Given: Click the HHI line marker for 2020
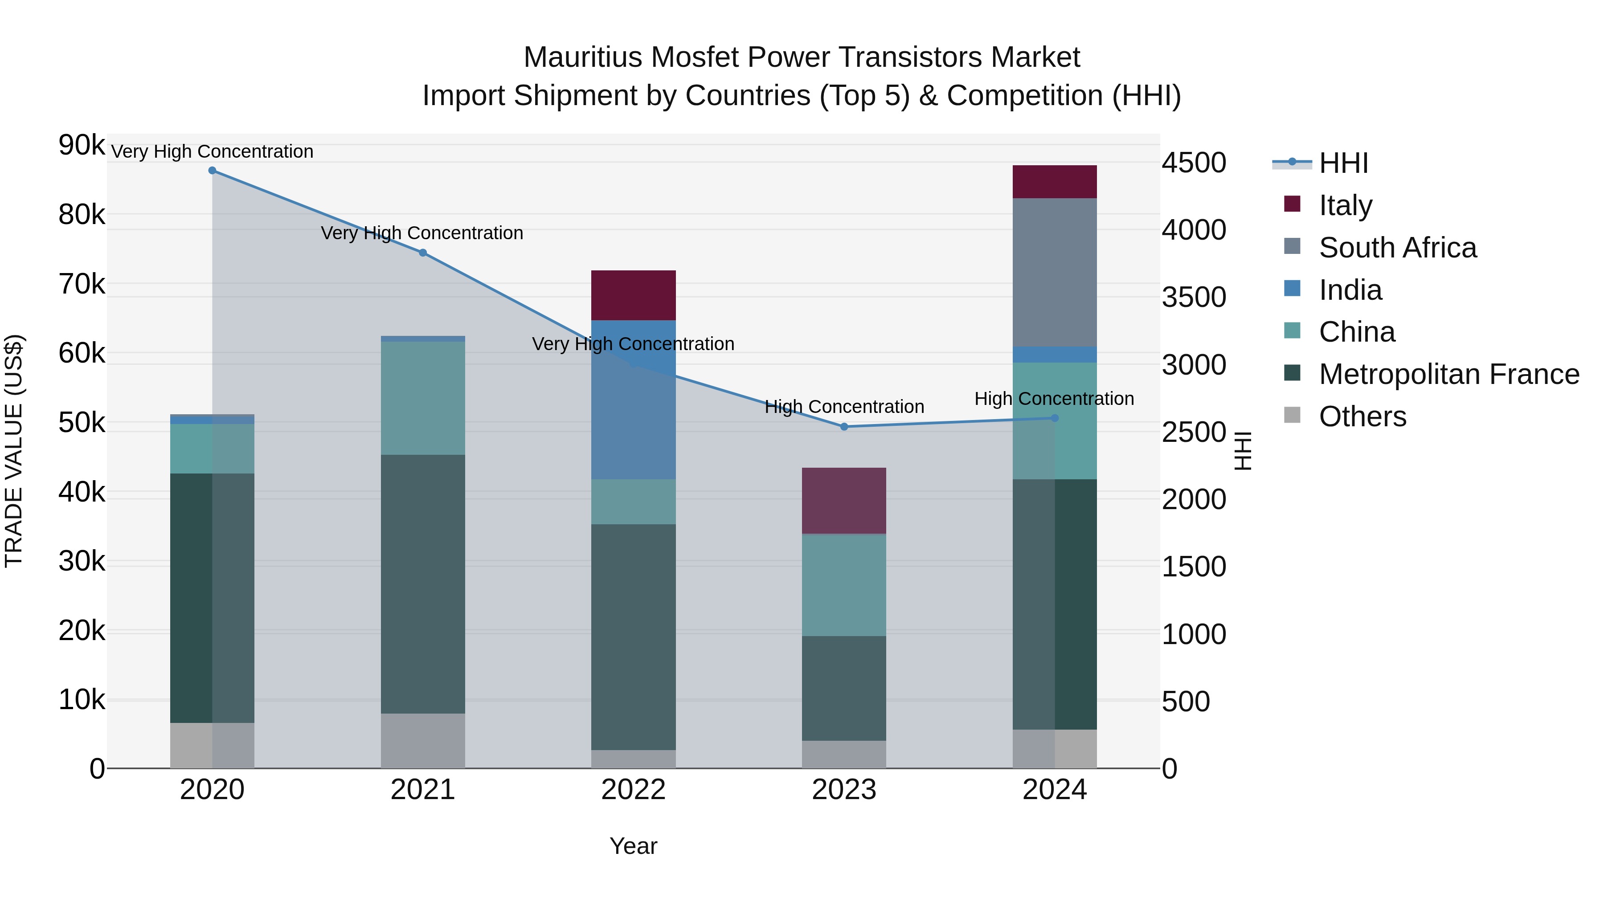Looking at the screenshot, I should pyautogui.click(x=213, y=171).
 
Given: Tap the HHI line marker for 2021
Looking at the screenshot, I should pyautogui.click(x=423, y=253).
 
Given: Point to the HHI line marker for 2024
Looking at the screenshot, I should pyautogui.click(x=1055, y=418).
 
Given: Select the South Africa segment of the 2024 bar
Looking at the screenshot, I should pyautogui.click(x=1055, y=272).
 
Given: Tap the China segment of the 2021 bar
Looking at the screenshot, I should pyautogui.click(x=423, y=398).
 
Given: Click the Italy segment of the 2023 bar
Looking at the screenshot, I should pyautogui.click(x=844, y=501).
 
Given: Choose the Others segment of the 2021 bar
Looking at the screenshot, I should pyautogui.click(x=423, y=740).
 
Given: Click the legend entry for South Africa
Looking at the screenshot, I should pyautogui.click(x=1397, y=248).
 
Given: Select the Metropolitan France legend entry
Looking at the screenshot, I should pyautogui.click(x=1449, y=374).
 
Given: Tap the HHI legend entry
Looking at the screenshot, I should pyautogui.click(x=1343, y=163).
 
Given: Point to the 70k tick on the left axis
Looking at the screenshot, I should pyautogui.click(x=82, y=285).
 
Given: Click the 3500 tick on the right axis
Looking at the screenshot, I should pyautogui.click(x=1194, y=298).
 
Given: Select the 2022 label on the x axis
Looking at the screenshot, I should pyautogui.click(x=633, y=790).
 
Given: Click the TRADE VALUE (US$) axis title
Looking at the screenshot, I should pyautogui.click(x=14, y=451).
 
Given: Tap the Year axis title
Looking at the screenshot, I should pyautogui.click(x=633, y=846).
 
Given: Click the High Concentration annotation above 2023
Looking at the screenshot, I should pyautogui.click(x=844, y=407).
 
